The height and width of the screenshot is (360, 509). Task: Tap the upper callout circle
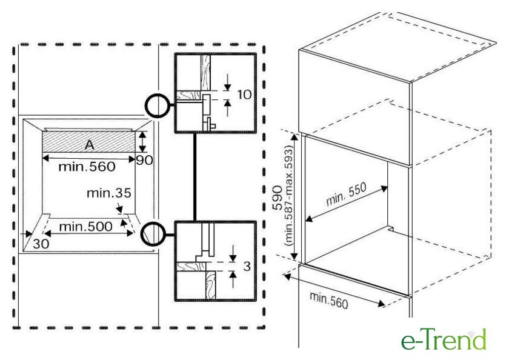157,105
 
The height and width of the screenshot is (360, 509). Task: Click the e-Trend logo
444,339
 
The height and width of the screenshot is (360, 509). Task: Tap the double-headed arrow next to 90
142,142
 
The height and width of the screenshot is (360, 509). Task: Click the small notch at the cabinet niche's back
392,230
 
